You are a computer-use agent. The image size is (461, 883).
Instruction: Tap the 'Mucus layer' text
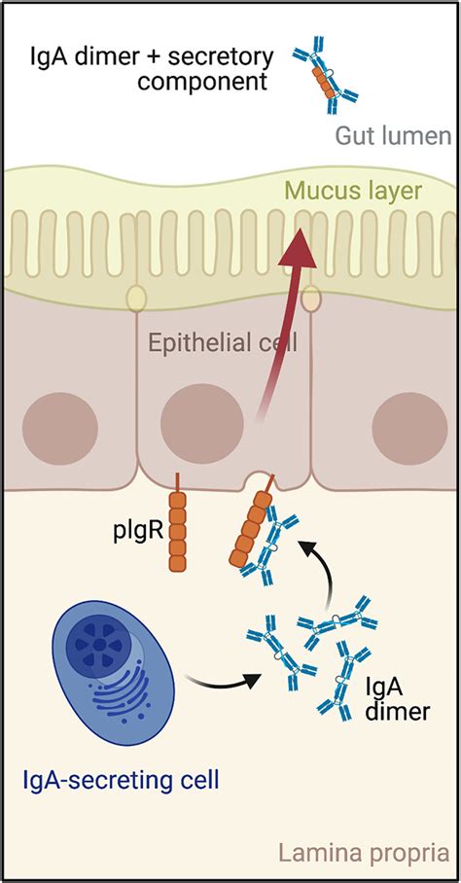tap(366, 192)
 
